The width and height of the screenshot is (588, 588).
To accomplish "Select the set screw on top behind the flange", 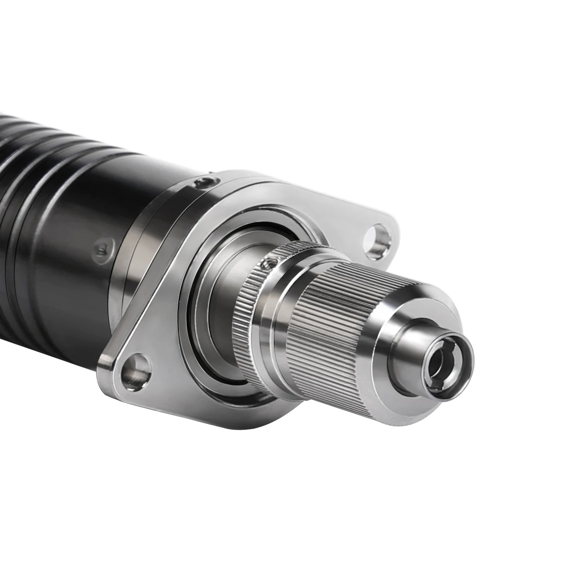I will click(202, 183).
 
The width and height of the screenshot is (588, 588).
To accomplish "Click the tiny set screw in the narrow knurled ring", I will click(268, 265).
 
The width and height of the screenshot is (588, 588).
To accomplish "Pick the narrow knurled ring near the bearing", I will click(245, 314).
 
